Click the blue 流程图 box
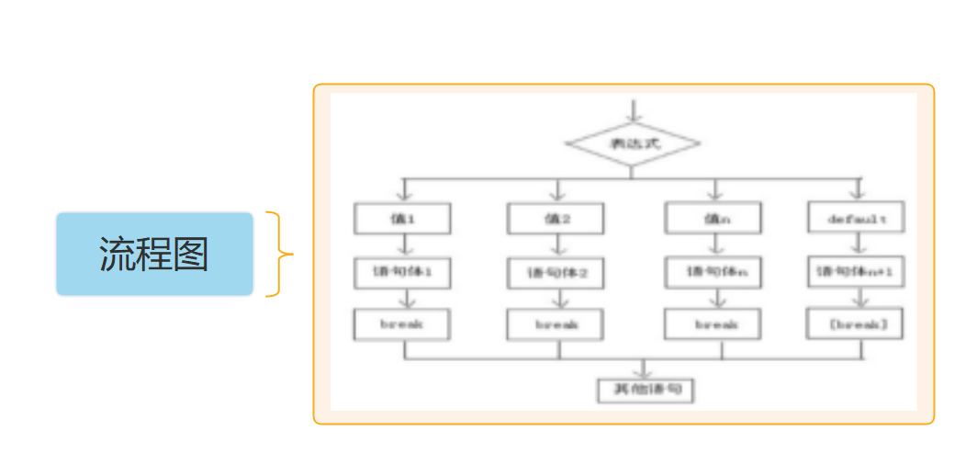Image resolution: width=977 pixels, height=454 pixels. (x=154, y=255)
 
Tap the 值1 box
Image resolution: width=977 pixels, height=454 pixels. (x=402, y=218)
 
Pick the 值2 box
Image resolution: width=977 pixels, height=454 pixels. (x=556, y=218)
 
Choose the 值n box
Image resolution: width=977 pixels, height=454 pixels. (x=713, y=218)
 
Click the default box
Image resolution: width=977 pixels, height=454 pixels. (x=856, y=219)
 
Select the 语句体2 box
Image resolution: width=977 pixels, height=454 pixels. (x=556, y=273)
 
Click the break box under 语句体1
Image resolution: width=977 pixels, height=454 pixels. (x=402, y=323)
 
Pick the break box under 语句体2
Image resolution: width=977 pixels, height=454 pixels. (x=556, y=324)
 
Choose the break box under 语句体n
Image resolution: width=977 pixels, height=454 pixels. (x=713, y=324)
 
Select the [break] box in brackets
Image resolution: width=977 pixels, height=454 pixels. (x=856, y=324)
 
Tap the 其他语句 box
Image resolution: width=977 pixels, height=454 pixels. (x=646, y=391)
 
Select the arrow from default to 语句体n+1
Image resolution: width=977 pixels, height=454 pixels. (x=857, y=244)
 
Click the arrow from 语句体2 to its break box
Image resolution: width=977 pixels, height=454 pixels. (x=556, y=299)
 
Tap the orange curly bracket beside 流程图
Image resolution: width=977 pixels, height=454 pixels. (x=278, y=255)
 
